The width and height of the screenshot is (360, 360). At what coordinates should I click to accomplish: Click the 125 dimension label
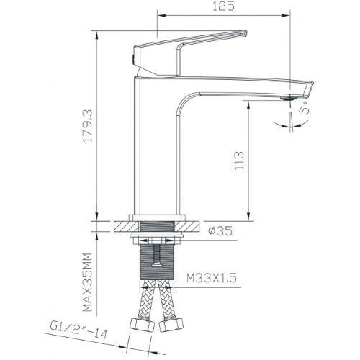coord(223,6)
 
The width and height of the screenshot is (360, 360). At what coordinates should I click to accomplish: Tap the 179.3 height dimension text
coord(87,126)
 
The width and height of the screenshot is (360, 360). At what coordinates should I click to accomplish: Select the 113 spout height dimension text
coord(239,161)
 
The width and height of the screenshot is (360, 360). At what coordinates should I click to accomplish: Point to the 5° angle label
coord(305,108)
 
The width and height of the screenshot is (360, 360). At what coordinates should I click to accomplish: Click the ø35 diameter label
coord(220,231)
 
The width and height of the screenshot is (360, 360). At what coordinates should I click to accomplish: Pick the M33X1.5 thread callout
coord(212,278)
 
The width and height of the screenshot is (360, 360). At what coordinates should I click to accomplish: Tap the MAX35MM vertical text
coord(87,282)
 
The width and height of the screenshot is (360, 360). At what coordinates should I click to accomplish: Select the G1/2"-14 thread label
coord(78,330)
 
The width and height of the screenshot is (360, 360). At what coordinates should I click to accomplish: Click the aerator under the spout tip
coord(289,97)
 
